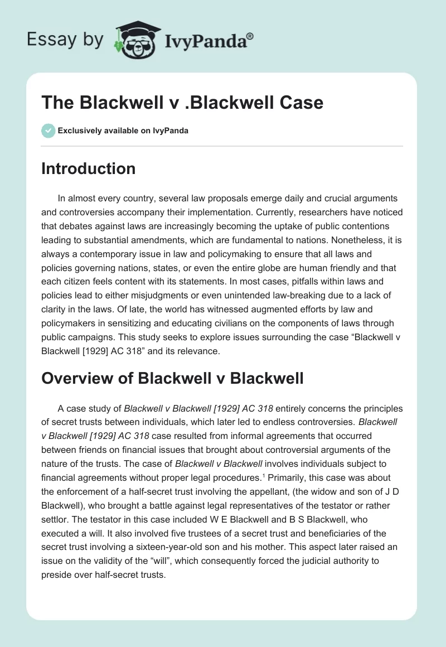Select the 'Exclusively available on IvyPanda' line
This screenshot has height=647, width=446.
coord(123,131)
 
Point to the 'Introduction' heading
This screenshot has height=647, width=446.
coord(88,168)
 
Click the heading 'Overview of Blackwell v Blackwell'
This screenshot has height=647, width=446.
coord(172,378)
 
